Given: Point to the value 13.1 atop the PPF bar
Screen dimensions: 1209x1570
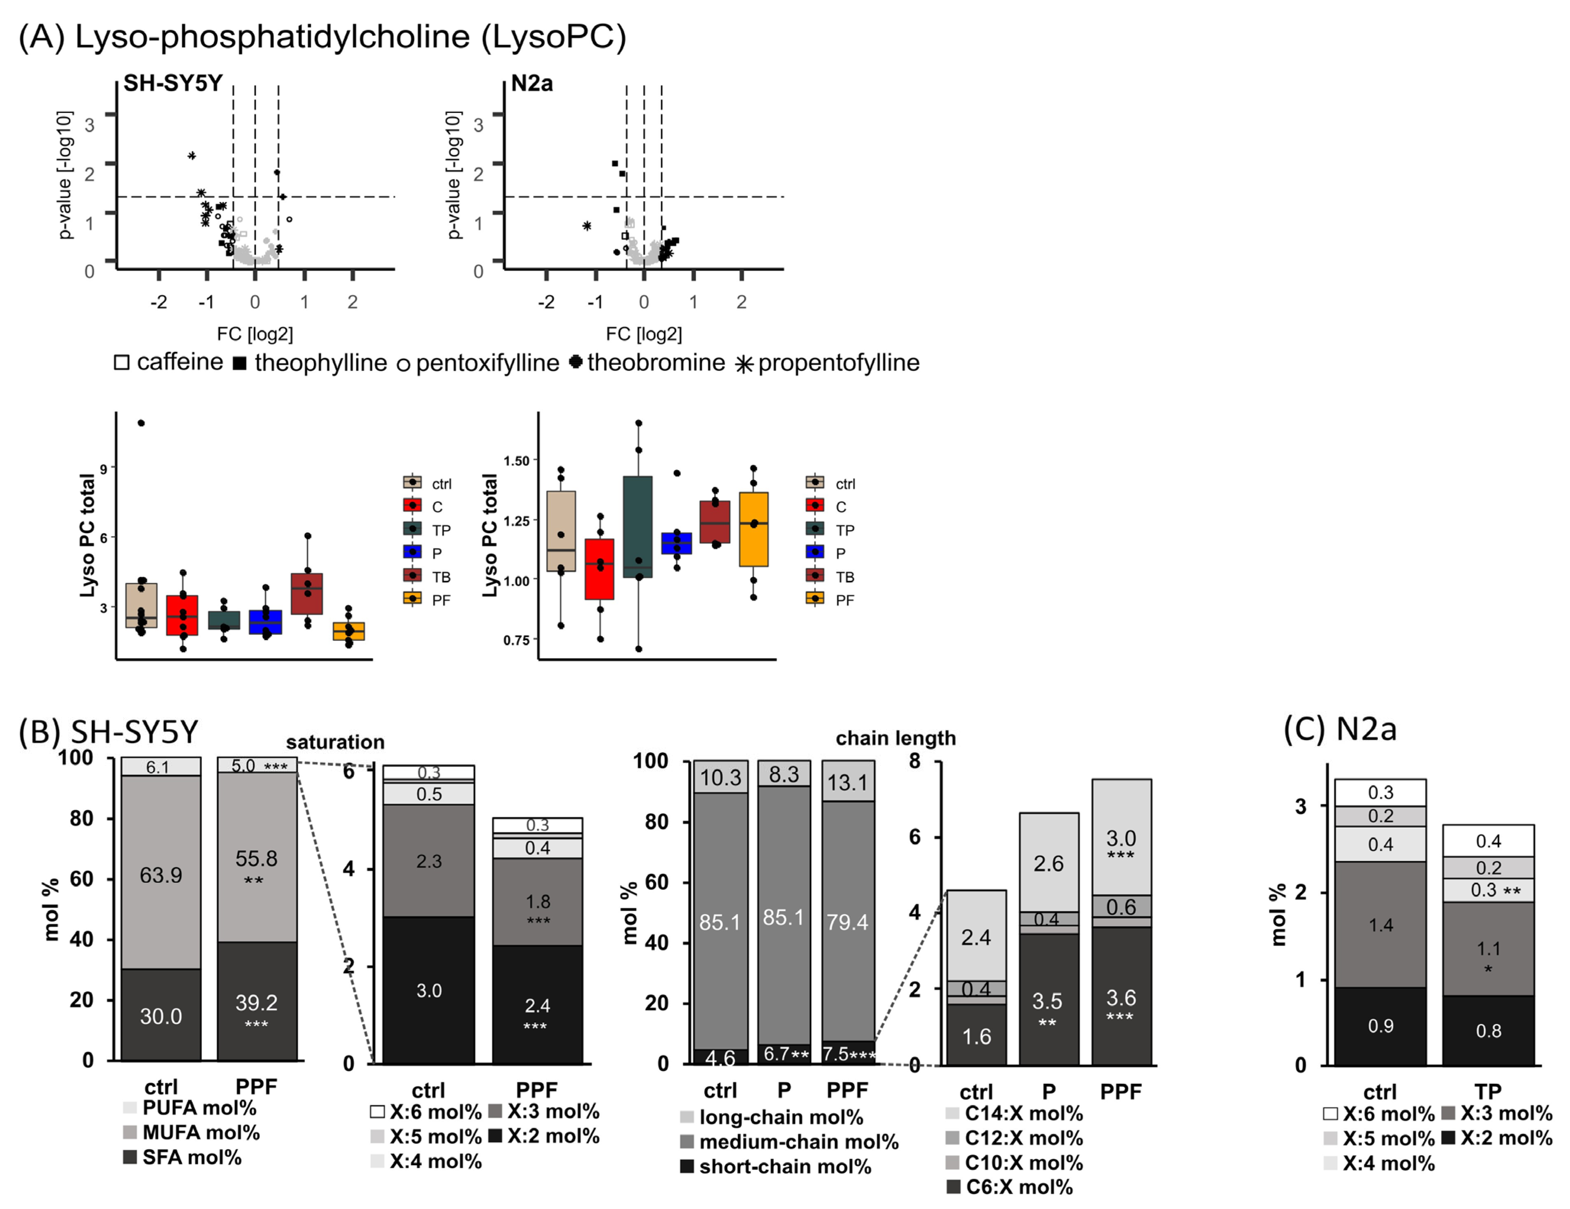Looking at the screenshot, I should (847, 782).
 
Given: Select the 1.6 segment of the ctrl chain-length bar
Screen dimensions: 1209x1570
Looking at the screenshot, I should (976, 1036).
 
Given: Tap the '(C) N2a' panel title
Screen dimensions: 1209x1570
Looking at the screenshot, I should (1340, 729).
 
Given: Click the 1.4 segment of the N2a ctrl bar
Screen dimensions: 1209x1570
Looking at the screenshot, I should (1380, 925).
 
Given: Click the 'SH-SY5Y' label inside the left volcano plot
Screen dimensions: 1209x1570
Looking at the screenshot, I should (173, 84).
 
